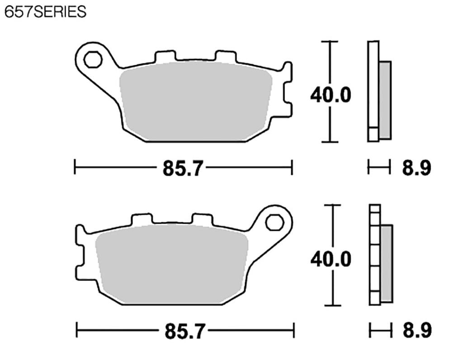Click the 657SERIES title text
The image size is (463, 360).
coord(45,12)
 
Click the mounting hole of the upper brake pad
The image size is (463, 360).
coord(92,59)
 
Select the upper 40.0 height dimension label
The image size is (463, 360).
coord(331,95)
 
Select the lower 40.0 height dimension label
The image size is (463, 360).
coord(331,259)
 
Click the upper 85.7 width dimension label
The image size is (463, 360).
coord(183,169)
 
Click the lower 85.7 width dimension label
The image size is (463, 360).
coord(184,332)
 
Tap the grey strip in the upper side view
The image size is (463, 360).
coord(385,100)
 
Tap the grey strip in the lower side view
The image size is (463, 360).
coord(387,263)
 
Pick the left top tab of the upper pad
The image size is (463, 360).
coord(165,56)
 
